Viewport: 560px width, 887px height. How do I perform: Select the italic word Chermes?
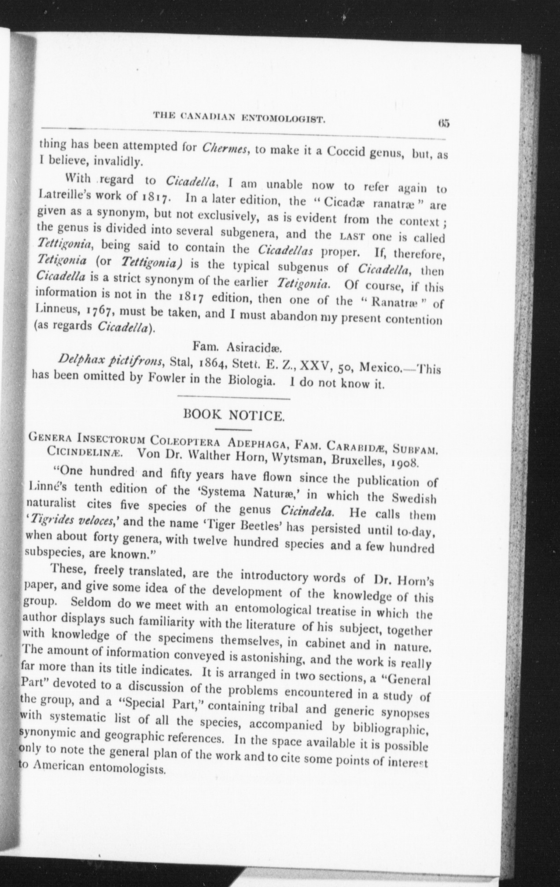[225, 147]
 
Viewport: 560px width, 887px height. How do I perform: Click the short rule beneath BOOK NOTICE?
[234, 429]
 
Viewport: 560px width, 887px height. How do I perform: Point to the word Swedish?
[414, 499]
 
